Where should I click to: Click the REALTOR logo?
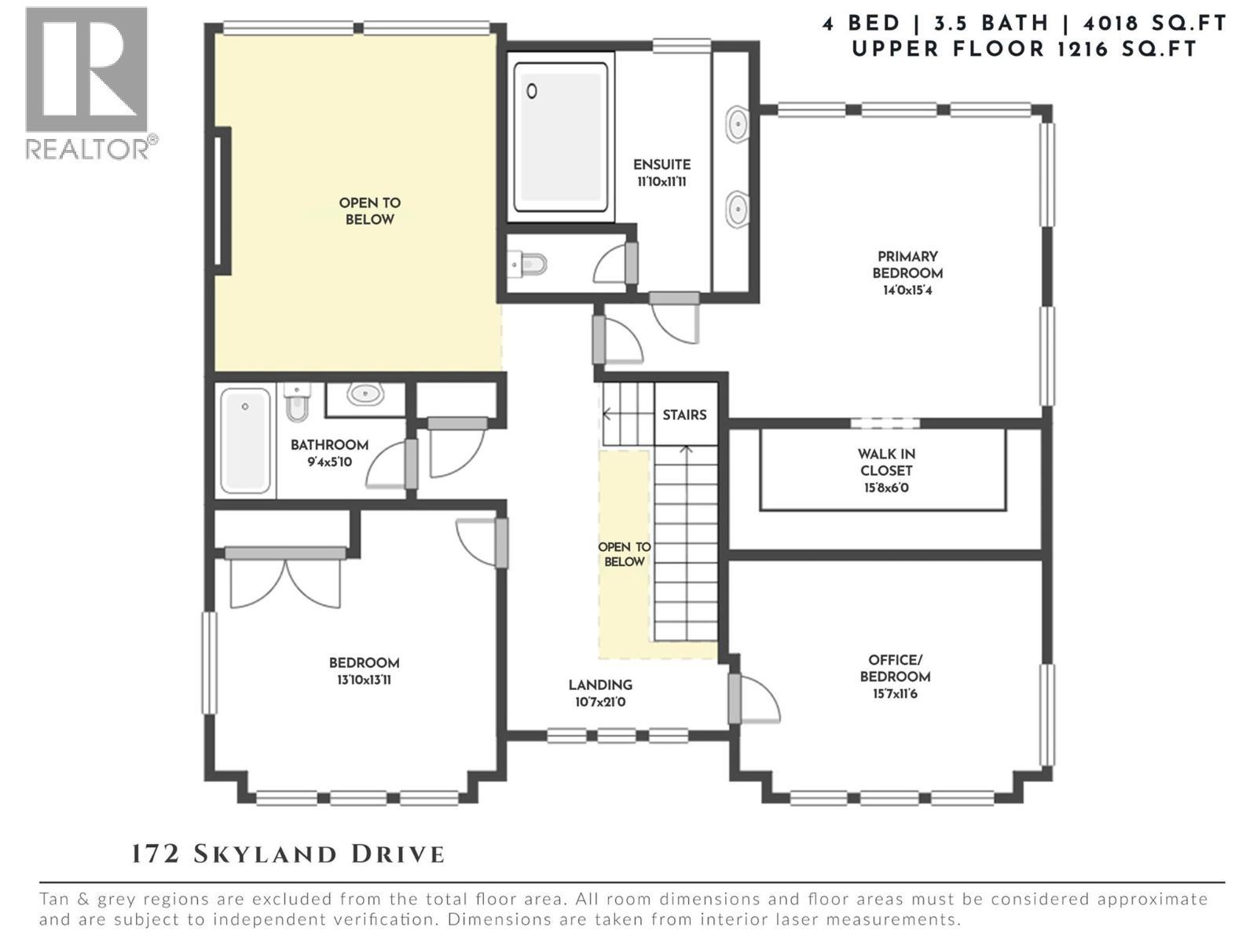coord(86,82)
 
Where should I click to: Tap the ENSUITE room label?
coord(661,165)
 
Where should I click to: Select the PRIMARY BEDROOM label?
coord(907,265)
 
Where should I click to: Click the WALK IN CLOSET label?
coord(885,462)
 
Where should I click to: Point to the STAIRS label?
coord(683,414)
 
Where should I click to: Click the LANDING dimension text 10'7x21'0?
coord(600,703)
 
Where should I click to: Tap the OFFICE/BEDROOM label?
coord(895,668)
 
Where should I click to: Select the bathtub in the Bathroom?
coord(245,440)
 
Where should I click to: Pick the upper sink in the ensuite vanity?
coord(737,124)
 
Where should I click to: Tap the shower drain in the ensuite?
coord(532,92)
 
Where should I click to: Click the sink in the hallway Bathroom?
coord(365,393)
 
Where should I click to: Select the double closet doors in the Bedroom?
coord(285,579)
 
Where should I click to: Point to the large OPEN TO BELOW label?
coord(369,211)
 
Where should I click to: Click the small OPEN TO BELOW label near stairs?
coord(624,554)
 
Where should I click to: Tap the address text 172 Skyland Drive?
coord(288,854)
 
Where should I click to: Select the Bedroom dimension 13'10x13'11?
coord(364,680)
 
